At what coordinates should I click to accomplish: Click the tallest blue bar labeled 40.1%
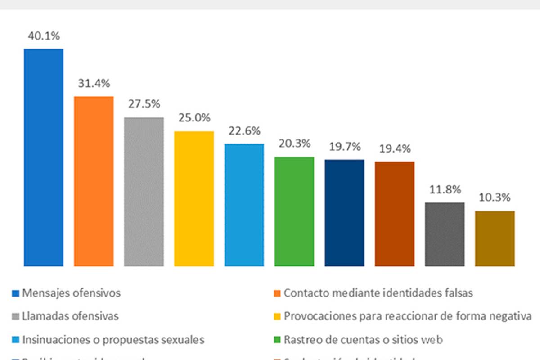[x=44, y=157]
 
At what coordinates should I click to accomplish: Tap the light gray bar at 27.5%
[x=144, y=192]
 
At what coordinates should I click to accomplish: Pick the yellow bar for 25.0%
[x=194, y=198]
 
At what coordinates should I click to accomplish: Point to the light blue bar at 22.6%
[x=244, y=205]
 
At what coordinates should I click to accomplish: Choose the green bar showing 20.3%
[x=294, y=211]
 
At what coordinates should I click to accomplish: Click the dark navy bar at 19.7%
[x=345, y=213]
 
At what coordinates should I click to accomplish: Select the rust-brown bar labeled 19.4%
[x=395, y=214]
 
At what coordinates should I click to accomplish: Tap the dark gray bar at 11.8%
[x=445, y=234]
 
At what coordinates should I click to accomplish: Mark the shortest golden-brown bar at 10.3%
[x=495, y=238]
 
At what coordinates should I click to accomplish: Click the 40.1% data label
[x=44, y=36]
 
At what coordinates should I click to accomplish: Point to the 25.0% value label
[x=194, y=118]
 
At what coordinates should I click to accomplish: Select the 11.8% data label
[x=445, y=189]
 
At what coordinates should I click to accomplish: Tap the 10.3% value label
[x=495, y=198]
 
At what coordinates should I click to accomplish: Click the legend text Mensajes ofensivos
[x=72, y=293]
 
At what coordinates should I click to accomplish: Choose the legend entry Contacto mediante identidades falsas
[x=378, y=293]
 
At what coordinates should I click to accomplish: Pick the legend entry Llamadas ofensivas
[x=71, y=316]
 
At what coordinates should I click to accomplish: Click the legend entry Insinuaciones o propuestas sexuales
[x=113, y=339]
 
